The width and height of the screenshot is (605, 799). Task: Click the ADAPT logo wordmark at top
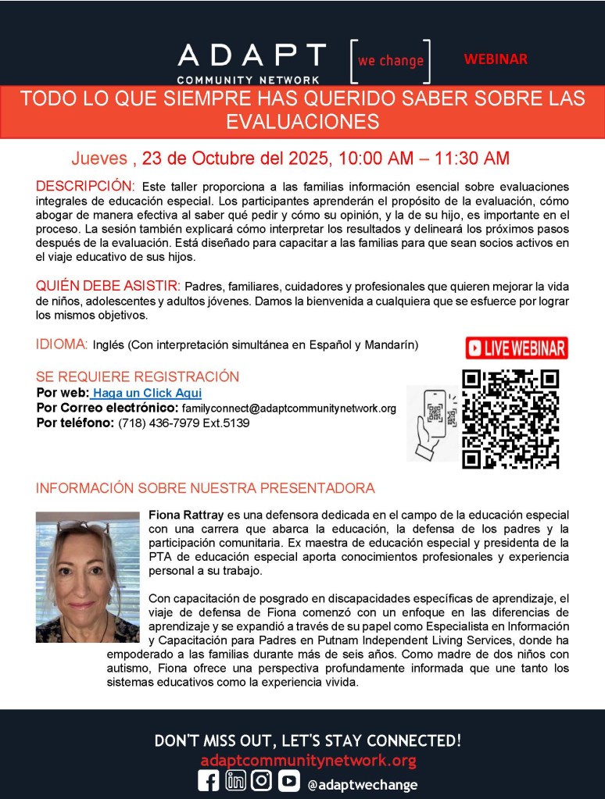251,55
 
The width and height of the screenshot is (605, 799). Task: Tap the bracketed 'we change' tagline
390,61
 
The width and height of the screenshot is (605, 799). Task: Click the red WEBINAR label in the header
495,59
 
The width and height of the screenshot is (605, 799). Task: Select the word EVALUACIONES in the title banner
302,122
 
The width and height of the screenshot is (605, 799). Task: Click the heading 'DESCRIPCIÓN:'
85,187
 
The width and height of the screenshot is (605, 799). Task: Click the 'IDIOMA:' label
62,344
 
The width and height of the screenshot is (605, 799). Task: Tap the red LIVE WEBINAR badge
516,348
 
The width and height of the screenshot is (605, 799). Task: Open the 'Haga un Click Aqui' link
147,393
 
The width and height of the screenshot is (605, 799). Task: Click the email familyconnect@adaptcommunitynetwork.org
288,408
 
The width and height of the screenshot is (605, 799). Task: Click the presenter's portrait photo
87,576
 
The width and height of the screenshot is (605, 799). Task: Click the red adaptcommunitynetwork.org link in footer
308,761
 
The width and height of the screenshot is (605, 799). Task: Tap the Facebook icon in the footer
209,783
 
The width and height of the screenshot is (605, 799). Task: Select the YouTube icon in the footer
288,783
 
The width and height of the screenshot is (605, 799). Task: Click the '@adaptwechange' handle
362,784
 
